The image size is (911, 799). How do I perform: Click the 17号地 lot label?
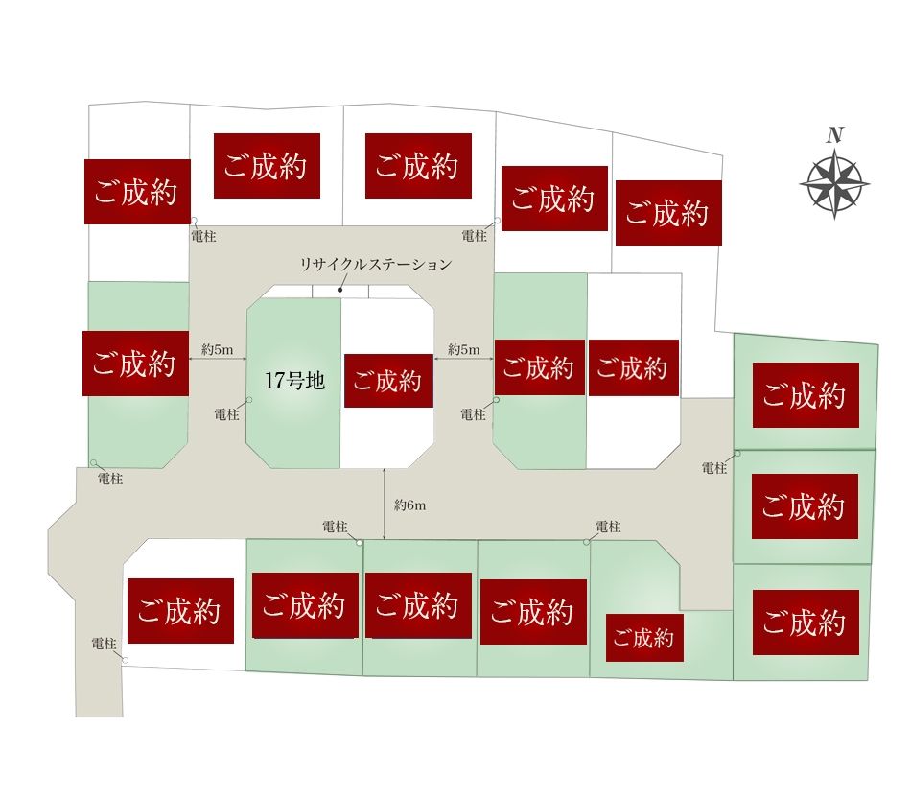coord(294,381)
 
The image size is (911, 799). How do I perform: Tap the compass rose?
coord(834,183)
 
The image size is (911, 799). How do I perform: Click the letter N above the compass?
coord(835,135)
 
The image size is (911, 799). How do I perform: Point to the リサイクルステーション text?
coord(376,265)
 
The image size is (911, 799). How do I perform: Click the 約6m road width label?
coord(410,505)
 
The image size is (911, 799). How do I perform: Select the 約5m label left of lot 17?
coord(218,350)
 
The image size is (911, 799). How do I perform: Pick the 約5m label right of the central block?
coord(463,350)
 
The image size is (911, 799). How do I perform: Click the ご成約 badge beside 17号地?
coord(388,381)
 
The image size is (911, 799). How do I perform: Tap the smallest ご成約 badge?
coord(644,638)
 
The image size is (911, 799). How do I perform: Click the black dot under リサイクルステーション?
coord(340,290)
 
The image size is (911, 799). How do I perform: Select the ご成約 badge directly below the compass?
coord(806,395)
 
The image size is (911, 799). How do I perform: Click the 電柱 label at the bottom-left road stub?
coord(104,644)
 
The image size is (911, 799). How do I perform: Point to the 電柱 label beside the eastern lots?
coord(714,468)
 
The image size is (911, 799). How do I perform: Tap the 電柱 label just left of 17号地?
coord(226,414)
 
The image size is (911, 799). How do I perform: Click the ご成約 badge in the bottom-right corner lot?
coord(806,623)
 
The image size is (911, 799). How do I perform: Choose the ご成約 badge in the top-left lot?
coord(138,192)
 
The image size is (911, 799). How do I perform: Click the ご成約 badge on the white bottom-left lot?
coord(180,611)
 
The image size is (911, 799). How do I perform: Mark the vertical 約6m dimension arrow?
coord(385,505)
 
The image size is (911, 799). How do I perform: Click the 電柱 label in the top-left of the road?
coord(203,237)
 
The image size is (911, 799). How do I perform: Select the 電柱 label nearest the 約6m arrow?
coord(335,527)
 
